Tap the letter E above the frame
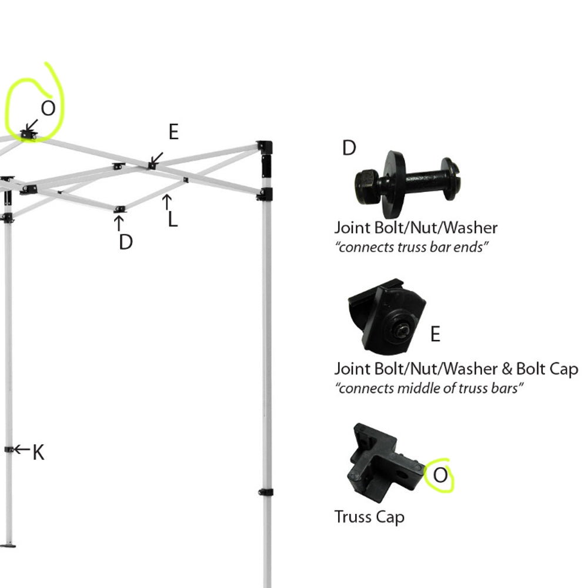[x=173, y=133]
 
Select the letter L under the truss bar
[x=172, y=220]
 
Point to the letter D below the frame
[x=126, y=241]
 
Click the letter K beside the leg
[x=38, y=452]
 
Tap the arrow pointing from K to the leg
[x=21, y=449]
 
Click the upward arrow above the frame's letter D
[x=119, y=223]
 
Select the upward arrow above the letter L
[x=167, y=202]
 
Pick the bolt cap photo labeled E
[x=386, y=317]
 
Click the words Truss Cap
[x=369, y=518]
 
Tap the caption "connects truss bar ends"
[x=412, y=247]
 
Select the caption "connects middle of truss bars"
[x=429, y=388]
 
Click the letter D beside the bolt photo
[x=349, y=149]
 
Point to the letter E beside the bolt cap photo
[x=435, y=334]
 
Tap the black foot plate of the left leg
[x=9, y=546]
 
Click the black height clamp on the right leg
[x=266, y=492]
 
